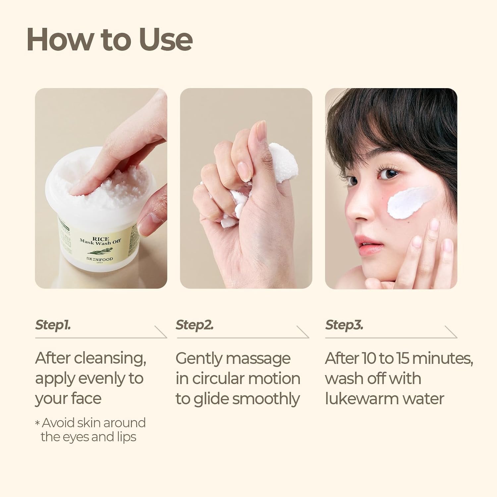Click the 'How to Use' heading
point(109,39)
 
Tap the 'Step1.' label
point(53,325)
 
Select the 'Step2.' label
point(194,325)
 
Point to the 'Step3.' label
point(344,325)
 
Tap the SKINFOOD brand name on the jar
point(100,259)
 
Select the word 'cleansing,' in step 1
point(110,358)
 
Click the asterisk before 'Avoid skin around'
point(37,423)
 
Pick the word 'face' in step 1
point(85,399)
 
